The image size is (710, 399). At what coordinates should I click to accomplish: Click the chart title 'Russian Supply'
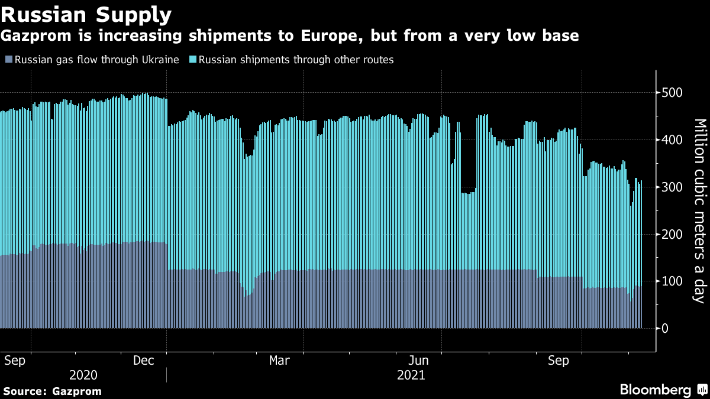pos(87,14)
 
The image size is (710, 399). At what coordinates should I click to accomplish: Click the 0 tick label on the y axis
pos(666,329)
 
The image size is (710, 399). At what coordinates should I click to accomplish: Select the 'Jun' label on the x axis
pos(419,361)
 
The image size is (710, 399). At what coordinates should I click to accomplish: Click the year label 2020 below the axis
pos(83,375)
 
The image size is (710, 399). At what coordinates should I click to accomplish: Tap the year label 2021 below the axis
pos(411,375)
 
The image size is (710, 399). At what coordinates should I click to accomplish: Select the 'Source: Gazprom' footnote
pos(52,391)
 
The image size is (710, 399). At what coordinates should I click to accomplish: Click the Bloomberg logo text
pos(655,390)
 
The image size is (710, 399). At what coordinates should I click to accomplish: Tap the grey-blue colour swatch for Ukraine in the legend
pos(8,60)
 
